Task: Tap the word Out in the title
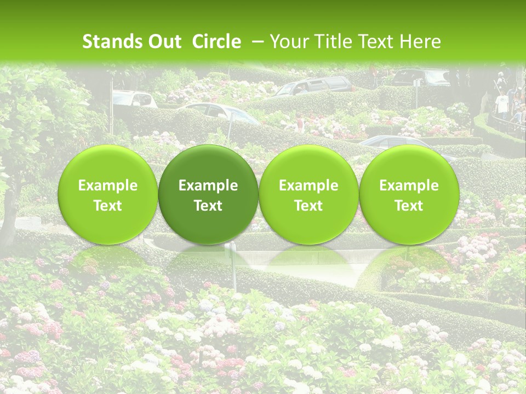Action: tap(164, 42)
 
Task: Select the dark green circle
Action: tap(208, 194)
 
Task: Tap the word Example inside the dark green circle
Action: tap(208, 186)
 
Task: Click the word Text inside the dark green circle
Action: tap(208, 206)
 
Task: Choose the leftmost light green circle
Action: tap(108, 194)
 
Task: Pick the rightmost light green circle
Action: tap(409, 194)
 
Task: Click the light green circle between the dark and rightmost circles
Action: tap(308, 194)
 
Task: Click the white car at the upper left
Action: tap(134, 99)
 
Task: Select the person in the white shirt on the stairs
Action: tap(502, 104)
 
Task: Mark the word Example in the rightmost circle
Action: tap(409, 186)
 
